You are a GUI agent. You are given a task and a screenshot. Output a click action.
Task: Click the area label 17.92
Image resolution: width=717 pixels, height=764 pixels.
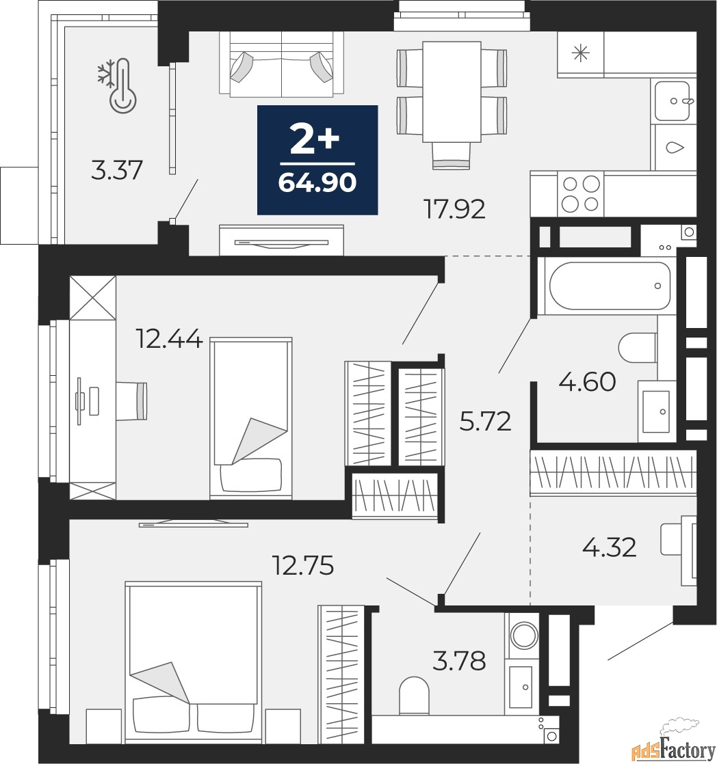point(455,209)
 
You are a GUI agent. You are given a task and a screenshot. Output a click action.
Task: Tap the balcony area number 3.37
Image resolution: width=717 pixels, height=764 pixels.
point(117,170)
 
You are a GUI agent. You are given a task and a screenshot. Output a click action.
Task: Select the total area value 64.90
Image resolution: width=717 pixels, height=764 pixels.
point(317,183)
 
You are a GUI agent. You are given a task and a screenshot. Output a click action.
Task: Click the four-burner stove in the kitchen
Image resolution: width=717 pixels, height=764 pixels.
point(580,193)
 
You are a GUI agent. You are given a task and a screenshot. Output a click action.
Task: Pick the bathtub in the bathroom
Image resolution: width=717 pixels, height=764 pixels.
point(610,286)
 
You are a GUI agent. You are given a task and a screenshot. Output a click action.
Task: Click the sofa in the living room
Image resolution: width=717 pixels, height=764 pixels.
point(281,66)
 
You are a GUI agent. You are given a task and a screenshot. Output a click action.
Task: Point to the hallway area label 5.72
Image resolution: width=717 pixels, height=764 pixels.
point(485,422)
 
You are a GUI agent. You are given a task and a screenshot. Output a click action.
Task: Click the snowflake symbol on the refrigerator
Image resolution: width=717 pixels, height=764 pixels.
point(581,54)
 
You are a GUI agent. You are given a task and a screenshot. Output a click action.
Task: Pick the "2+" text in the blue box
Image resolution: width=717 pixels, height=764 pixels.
point(315,141)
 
